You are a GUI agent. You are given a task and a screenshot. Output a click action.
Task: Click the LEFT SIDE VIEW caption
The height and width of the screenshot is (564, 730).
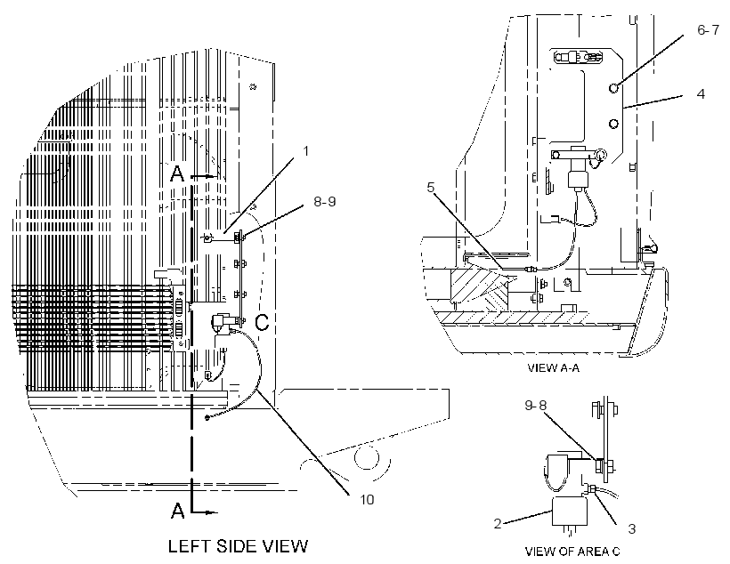[238, 546]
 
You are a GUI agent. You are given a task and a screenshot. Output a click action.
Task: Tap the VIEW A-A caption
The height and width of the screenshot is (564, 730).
[553, 368]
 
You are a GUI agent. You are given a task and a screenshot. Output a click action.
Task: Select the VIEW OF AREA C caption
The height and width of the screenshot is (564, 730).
[572, 552]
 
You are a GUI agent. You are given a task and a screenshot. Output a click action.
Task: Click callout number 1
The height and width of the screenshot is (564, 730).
[306, 150]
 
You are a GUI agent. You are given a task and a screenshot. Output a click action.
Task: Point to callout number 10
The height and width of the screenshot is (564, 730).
[367, 499]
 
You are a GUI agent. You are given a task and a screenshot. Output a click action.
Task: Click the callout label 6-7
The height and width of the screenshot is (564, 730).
[708, 29]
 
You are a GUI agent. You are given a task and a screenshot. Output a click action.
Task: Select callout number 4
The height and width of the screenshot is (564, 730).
[701, 94]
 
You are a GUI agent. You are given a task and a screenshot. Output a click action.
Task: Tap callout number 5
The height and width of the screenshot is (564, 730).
[431, 187]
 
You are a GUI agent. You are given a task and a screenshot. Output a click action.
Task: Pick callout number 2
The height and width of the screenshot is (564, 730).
[498, 523]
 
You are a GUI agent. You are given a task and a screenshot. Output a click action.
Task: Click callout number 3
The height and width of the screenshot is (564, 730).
[632, 528]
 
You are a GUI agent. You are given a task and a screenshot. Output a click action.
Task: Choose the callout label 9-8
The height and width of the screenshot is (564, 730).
[536, 406]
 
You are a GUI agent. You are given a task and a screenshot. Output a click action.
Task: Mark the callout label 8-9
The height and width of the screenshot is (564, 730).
[325, 202]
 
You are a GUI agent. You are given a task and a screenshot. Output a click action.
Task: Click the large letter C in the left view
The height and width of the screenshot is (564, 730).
[262, 322]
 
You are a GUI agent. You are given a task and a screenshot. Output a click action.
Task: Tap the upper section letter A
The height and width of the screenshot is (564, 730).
[177, 174]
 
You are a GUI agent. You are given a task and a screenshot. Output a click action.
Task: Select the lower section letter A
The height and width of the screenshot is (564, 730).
[177, 511]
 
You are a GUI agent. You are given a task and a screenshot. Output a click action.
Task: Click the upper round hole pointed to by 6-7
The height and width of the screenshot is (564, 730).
[614, 87]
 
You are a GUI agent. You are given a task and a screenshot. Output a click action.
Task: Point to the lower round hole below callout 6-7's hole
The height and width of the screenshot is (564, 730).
[613, 124]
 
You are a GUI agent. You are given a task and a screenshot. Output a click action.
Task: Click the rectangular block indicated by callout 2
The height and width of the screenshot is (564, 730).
[570, 512]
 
